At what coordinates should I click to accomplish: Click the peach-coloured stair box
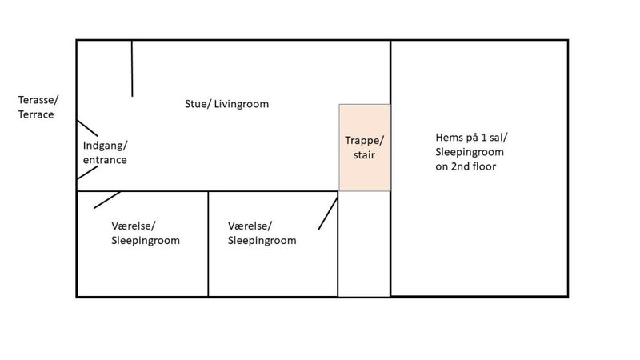[x=365, y=147]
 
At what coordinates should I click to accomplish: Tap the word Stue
[x=196, y=104]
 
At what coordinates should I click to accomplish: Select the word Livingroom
[x=242, y=105]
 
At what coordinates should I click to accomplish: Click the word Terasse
[x=37, y=100]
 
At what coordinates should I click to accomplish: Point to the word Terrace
[x=36, y=114]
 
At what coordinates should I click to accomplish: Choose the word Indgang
[x=104, y=146]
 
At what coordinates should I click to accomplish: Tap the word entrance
[x=105, y=160]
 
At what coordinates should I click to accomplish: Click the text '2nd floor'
[x=474, y=166]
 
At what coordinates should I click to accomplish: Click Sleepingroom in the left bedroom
[x=146, y=241]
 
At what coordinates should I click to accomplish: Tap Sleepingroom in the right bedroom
[x=262, y=241]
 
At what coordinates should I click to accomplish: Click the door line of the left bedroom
[x=107, y=200]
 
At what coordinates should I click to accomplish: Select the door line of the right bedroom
[x=328, y=214]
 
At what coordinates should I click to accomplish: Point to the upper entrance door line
[x=87, y=128]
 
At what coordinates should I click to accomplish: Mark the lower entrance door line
[x=87, y=172]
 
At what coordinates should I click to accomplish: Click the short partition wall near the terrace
[x=132, y=68]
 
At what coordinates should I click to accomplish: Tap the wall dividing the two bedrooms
[x=208, y=244]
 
